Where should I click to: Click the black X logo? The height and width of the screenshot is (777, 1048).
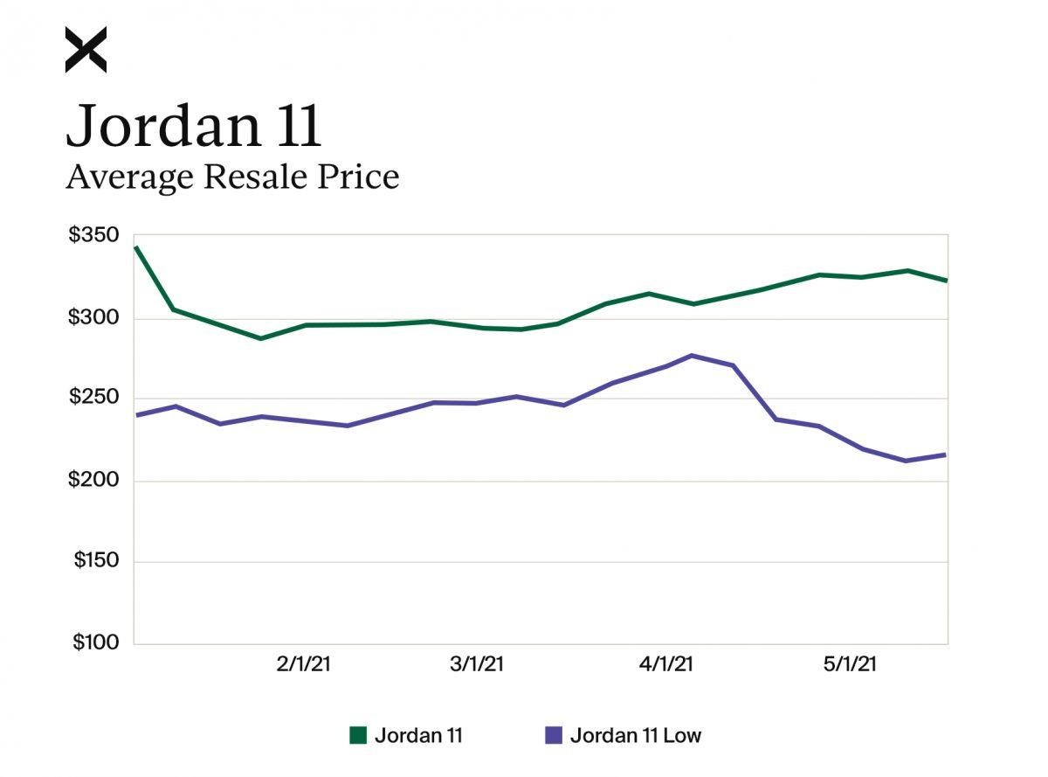[86, 50]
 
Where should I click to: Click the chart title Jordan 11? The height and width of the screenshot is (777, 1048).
[194, 124]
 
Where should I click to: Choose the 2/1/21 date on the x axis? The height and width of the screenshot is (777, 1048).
[303, 664]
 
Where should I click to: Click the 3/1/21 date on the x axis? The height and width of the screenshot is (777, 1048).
[477, 664]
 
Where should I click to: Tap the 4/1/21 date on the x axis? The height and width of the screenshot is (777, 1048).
[665, 664]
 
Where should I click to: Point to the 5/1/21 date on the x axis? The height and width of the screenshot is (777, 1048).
[850, 664]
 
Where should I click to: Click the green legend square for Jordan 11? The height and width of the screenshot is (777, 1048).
[358, 735]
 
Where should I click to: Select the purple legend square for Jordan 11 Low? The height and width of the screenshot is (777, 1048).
[553, 735]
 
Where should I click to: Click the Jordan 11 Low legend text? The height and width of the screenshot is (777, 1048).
[635, 735]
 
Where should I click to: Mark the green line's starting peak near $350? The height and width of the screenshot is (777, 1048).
[135, 247]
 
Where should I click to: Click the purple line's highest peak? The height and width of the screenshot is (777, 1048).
[692, 355]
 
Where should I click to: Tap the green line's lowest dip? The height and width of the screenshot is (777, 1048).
[260, 338]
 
